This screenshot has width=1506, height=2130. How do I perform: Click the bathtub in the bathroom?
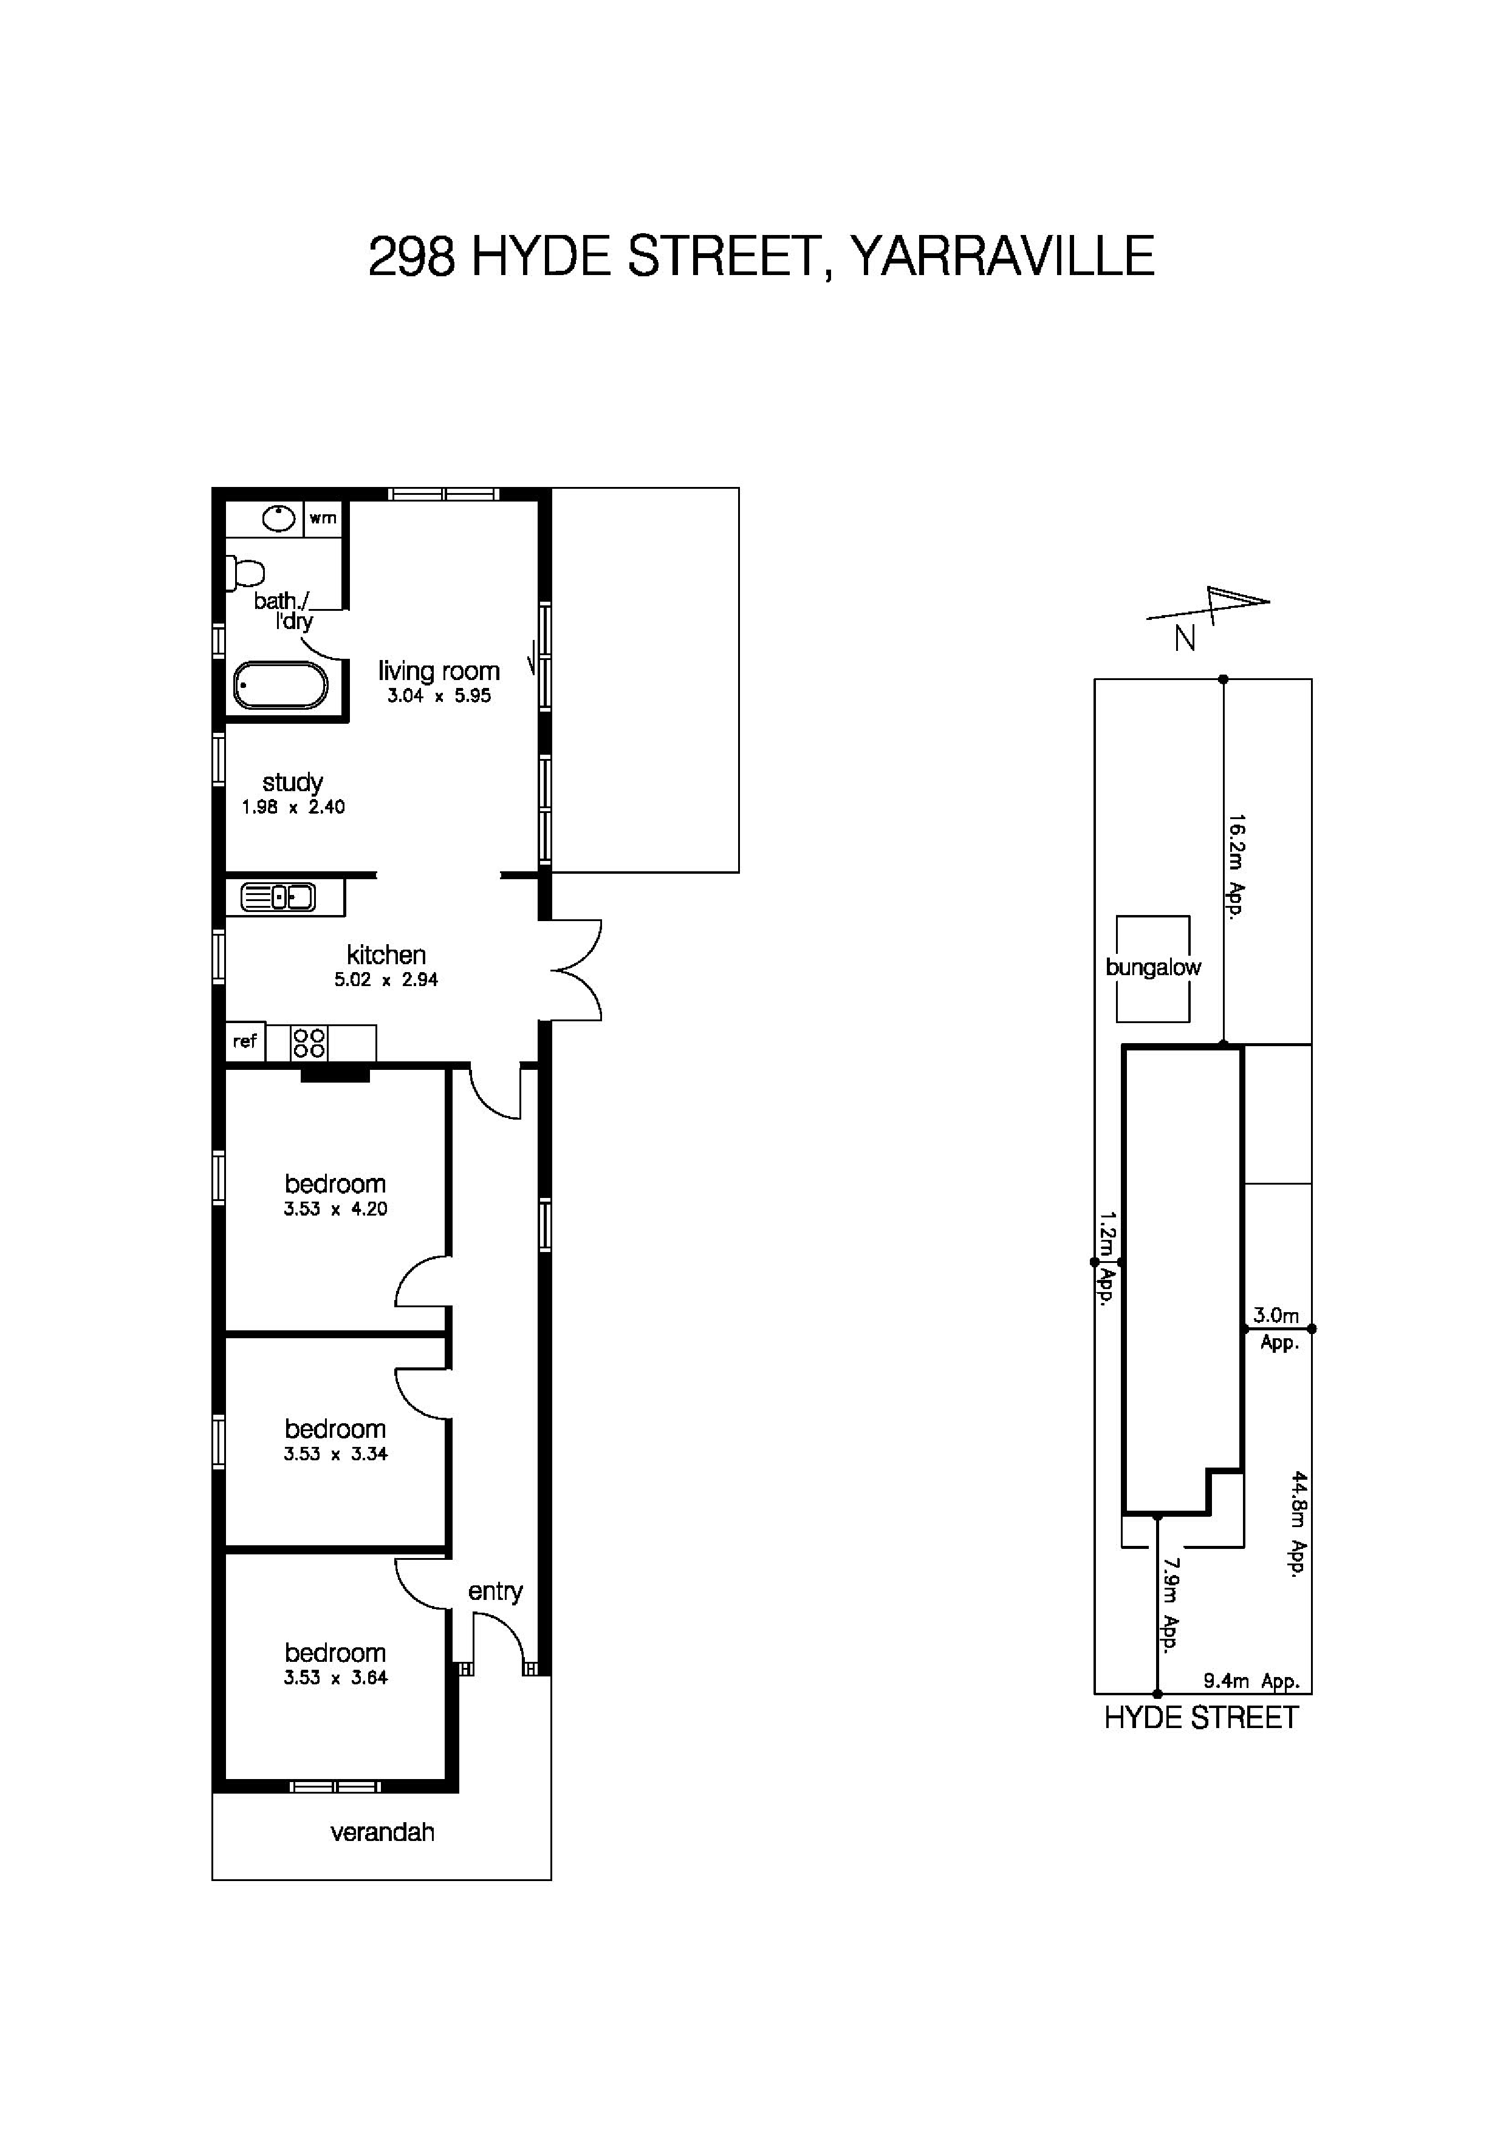[280, 686]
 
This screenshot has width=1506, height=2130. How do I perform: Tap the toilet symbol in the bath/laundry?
[246, 573]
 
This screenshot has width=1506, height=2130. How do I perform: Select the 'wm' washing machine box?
[323, 518]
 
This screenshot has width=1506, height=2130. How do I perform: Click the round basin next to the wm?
[278, 518]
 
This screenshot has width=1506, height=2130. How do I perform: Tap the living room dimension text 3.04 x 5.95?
[439, 696]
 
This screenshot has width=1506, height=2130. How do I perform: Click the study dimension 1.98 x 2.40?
[293, 807]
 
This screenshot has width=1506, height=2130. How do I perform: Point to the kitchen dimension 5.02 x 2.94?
[386, 979]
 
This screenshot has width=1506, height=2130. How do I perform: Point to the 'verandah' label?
[382, 1832]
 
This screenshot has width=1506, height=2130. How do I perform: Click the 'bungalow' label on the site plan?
[1152, 968]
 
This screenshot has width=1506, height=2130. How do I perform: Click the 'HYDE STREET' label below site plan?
[1200, 1718]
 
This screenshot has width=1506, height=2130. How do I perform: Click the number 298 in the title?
[411, 256]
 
